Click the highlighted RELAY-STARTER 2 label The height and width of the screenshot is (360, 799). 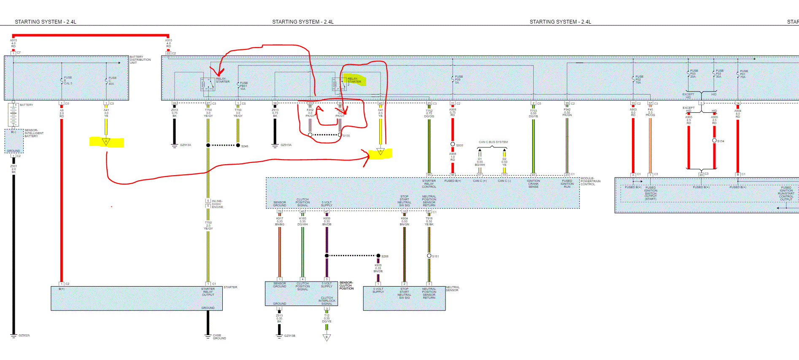(354, 80)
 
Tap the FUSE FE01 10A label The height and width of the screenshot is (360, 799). (243, 86)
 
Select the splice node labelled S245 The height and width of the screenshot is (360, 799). (238, 145)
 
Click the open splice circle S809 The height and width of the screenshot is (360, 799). (453, 144)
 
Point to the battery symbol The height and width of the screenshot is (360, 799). (13, 114)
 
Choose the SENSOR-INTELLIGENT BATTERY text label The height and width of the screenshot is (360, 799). (34, 133)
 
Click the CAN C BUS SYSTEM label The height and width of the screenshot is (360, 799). (493, 142)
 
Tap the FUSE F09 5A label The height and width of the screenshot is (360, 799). (459, 79)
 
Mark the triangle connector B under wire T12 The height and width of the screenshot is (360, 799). (327, 337)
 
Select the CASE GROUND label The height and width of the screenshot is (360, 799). (219, 337)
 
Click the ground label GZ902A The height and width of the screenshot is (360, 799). (24, 336)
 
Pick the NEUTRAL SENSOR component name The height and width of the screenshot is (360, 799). (453, 289)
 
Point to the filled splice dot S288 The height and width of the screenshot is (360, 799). (378, 256)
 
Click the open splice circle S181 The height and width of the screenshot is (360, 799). (429, 256)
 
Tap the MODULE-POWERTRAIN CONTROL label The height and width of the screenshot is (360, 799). (590, 181)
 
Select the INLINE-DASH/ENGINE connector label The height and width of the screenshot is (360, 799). (217, 204)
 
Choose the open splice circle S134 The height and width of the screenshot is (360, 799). (714, 141)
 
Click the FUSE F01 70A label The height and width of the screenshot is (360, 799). (744, 74)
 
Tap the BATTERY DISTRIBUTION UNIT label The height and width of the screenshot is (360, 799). (140, 60)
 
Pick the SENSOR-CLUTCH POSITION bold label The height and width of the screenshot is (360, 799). (346, 285)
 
